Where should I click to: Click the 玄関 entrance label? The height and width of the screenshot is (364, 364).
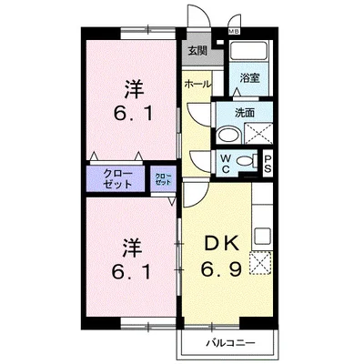coord(197,51)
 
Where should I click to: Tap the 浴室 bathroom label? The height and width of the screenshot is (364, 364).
coord(249,79)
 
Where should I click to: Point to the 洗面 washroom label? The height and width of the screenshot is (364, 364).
coord(245,114)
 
